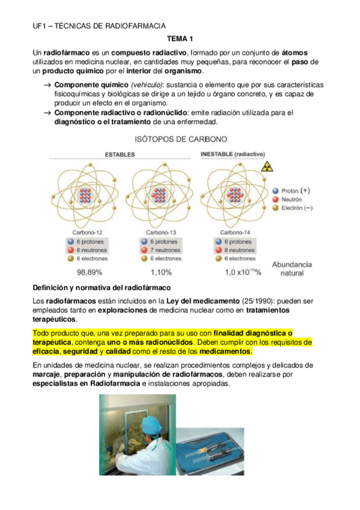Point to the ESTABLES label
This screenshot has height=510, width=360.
tap(120, 155)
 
